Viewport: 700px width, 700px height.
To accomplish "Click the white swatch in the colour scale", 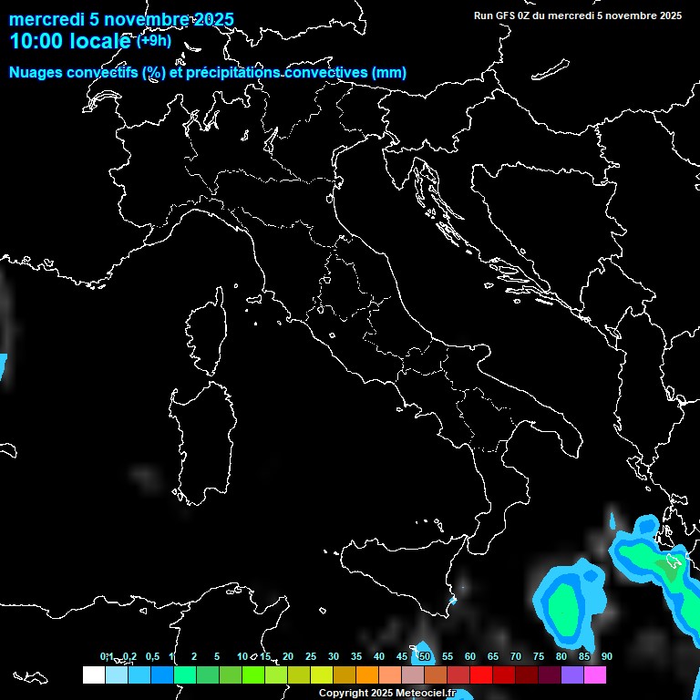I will tap(93, 674).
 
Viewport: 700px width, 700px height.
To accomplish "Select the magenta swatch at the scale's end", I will tap(595, 674).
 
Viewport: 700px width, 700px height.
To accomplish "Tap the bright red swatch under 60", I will tap(481, 674).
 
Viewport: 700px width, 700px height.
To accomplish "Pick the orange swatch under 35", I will tap(367, 674).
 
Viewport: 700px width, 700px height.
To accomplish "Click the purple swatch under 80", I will tap(572, 674).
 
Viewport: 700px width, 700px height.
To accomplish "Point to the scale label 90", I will tap(607, 656).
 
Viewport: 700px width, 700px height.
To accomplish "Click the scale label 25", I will tap(310, 656).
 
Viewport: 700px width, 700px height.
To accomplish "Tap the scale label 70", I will tap(516, 656).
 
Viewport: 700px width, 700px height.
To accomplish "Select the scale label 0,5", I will tap(152, 656).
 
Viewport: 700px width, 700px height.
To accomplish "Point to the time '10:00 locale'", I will tap(70, 41).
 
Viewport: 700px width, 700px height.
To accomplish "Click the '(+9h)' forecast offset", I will tap(154, 40).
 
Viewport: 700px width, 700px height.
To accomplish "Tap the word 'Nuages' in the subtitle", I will tap(36, 73).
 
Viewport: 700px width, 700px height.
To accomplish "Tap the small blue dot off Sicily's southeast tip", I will tap(453, 601).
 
